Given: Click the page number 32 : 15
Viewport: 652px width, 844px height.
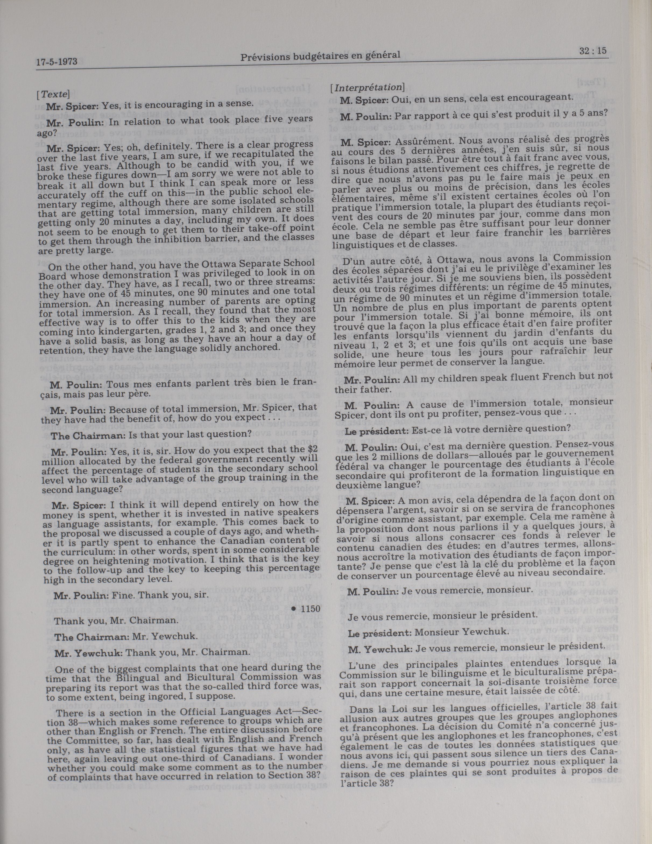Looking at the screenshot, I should [594, 51].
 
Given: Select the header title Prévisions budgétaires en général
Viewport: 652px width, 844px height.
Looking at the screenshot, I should [320, 57].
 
